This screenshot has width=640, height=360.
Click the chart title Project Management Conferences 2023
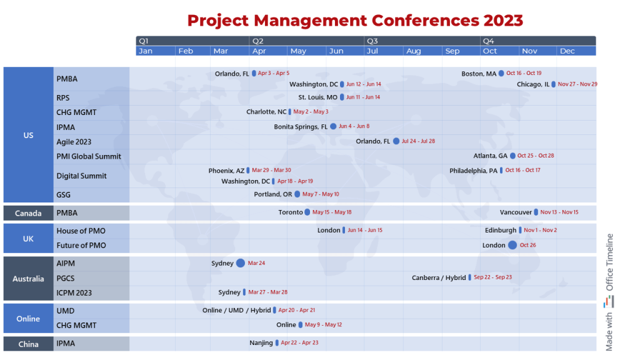coord(355,20)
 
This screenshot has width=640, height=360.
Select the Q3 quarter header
coord(372,41)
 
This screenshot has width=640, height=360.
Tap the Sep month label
coord(452,51)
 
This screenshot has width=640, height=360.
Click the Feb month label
coord(186,51)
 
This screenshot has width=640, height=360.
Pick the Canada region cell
coord(28,213)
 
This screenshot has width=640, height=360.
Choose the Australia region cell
coord(28,279)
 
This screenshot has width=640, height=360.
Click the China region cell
coord(28,344)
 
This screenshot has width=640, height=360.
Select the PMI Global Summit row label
coord(89,156)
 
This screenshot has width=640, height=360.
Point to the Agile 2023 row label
coord(74,142)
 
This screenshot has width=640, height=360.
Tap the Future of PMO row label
coord(81,246)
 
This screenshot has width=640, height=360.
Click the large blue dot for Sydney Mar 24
coord(241,263)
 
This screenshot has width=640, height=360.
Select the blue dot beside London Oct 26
coord(512,245)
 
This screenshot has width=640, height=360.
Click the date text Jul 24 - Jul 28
coord(418,141)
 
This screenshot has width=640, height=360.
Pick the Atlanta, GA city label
coord(491,156)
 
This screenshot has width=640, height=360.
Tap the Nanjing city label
coord(261,342)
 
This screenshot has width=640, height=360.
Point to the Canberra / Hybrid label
coord(439,277)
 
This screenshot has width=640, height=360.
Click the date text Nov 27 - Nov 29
coord(577,84)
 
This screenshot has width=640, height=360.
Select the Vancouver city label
coord(516,212)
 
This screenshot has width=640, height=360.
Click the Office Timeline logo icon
coord(609,301)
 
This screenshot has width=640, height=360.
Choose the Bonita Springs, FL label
coord(301,127)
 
